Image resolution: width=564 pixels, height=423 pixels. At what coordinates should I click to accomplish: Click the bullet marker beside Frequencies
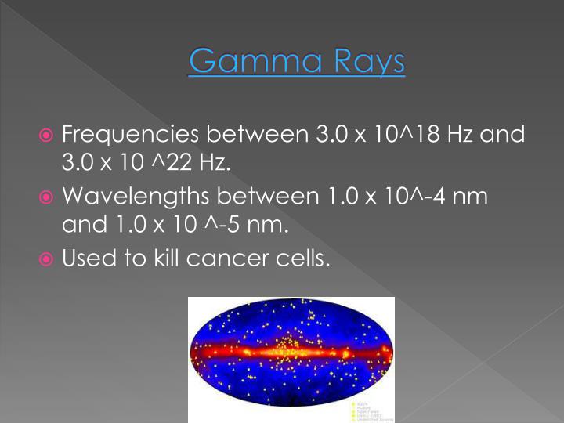49,136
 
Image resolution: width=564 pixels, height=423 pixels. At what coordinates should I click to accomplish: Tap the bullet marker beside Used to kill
49,256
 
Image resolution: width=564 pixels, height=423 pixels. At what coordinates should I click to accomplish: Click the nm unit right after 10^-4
471,195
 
